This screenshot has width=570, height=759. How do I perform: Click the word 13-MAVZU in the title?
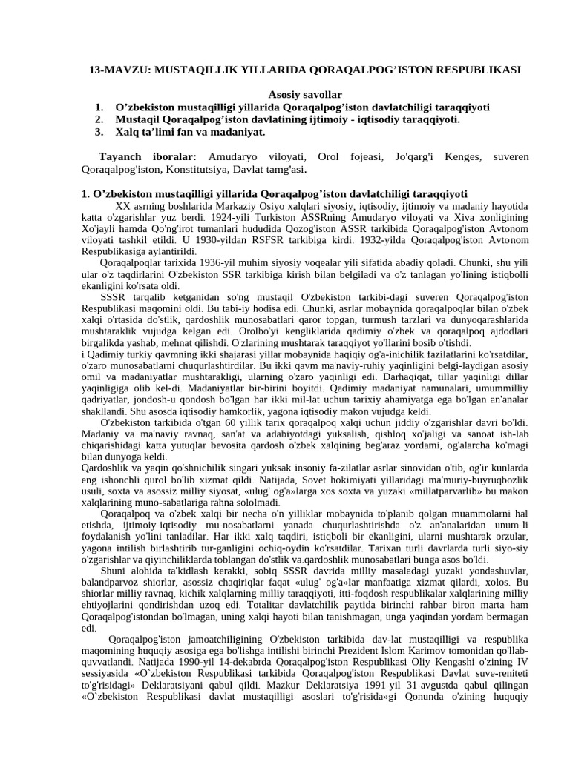(114, 70)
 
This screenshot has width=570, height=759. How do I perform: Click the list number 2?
(99, 119)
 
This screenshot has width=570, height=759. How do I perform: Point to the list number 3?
(99, 132)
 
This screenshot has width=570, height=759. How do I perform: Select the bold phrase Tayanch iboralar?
(148, 157)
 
